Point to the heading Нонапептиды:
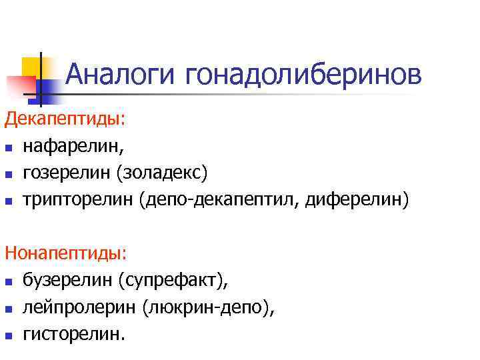[x=57, y=253]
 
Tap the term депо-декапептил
[x=223, y=199]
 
